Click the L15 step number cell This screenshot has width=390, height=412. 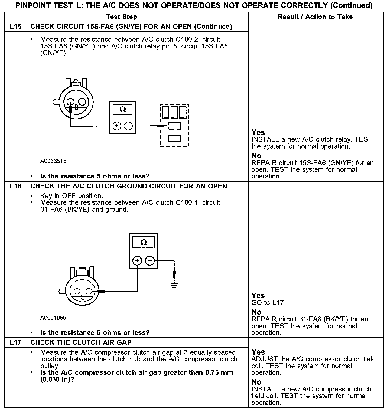tap(16, 27)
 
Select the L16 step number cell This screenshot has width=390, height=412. tap(16, 186)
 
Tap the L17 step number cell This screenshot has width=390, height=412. tap(16, 342)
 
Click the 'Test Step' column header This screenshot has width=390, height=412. tap(122, 17)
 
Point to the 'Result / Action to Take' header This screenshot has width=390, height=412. tap(315, 17)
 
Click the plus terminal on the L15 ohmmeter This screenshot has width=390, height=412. tap(117, 126)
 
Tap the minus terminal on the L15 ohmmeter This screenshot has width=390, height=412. tap(128, 126)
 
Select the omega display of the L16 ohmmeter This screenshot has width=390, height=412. tap(144, 242)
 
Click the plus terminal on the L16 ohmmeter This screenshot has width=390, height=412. tap(137, 261)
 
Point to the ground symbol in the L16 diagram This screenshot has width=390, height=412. tap(174, 285)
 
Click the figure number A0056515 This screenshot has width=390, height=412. tap(53, 161)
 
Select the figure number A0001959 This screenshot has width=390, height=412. tap(53, 318)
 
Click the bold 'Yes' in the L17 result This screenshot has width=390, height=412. tap(258, 352)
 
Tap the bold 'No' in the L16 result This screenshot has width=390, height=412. tap(256, 312)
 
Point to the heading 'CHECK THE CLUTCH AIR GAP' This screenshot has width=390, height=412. tap(81, 342)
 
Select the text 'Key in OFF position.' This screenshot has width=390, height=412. tap(71, 196)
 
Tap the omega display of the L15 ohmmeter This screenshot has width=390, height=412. tap(123, 110)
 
